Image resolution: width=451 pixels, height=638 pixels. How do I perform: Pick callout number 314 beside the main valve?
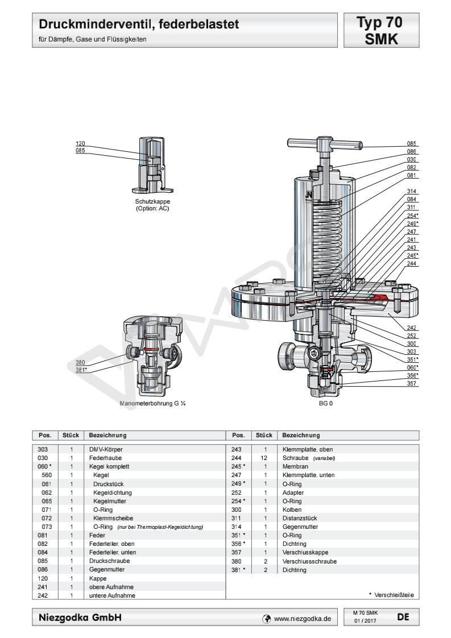coord(413,192)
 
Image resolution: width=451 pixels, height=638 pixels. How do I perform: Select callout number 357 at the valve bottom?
coord(413,383)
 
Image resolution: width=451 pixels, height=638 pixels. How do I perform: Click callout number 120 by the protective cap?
coord(81,144)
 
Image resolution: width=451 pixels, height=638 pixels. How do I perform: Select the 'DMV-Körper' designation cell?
coord(103,449)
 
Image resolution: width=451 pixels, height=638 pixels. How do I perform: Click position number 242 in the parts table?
coord(49,595)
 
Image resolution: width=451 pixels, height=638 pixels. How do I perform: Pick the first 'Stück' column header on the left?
coord(70,436)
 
